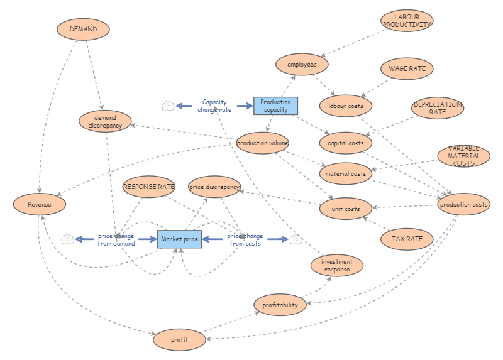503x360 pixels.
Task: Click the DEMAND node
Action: coord(83,29)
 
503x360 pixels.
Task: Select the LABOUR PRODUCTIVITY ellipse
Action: coord(407,21)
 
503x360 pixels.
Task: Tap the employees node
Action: coord(302,64)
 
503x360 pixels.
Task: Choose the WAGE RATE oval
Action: coord(407,68)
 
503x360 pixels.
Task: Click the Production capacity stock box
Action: coord(275,106)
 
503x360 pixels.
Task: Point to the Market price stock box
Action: coord(179,239)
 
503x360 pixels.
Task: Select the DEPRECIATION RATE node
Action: coord(438,107)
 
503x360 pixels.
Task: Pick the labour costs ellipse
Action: coord(346,106)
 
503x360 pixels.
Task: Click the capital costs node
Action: coord(346,143)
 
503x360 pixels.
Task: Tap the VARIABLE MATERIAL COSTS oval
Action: coord(464,156)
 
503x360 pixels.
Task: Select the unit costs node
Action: coord(346,209)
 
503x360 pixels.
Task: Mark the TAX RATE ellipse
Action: coord(407,239)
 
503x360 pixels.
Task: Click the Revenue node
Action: coord(39,204)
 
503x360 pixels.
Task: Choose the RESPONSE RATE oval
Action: coord(148,187)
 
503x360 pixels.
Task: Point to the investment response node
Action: coord(337,266)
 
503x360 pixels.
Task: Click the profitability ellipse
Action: coord(280,305)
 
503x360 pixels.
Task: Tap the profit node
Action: coord(179,340)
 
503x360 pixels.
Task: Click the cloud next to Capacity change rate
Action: coord(168,106)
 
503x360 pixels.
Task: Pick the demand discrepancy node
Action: coord(105,121)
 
